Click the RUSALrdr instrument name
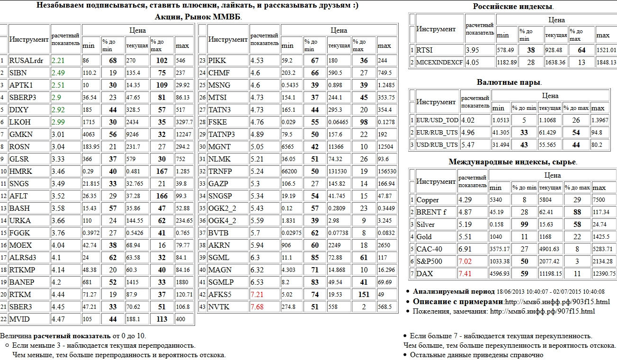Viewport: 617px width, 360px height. tap(26, 61)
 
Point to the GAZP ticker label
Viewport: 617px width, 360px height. tap(217, 184)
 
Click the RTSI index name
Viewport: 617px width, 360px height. tap(424, 50)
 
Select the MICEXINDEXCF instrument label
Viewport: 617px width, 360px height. tap(439, 63)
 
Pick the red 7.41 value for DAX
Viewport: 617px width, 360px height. tap(465, 274)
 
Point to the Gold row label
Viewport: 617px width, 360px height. tap(424, 237)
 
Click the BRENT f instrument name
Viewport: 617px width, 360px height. tap(431, 212)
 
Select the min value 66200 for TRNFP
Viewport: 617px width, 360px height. tap(290, 171)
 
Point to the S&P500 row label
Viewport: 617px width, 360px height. tap(430, 261)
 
